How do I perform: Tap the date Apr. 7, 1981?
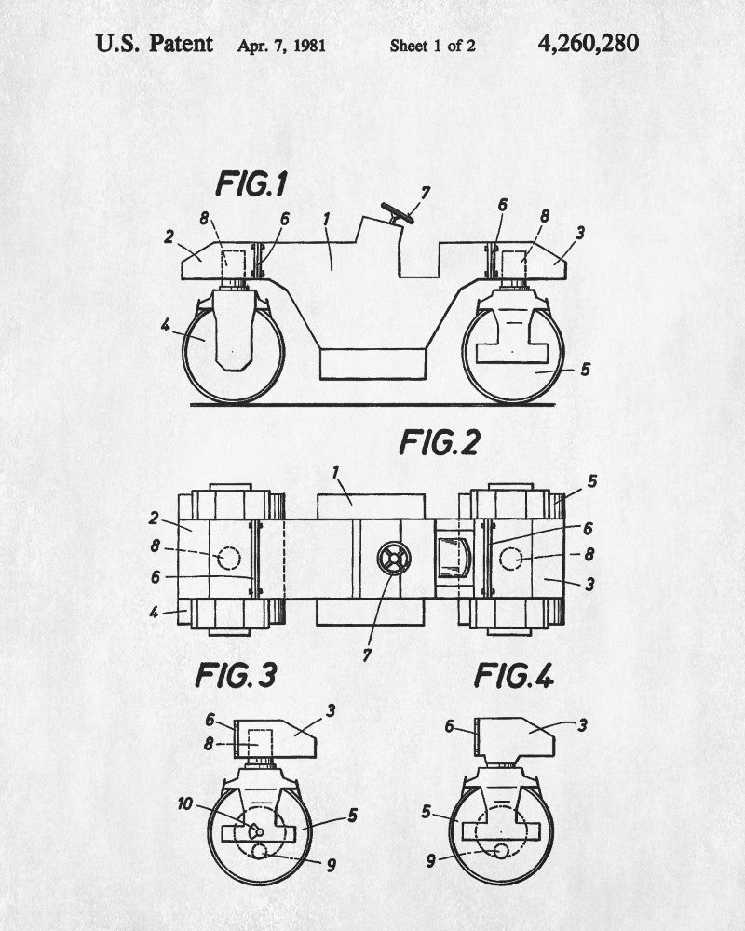coord(280,45)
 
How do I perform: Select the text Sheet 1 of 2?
coord(432,45)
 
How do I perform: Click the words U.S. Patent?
coord(155,43)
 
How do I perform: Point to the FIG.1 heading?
coord(251,183)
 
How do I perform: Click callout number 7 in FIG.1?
coord(425,193)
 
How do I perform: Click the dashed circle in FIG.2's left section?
coord(227,559)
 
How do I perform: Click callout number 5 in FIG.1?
coord(585,370)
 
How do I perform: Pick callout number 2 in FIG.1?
coord(169,236)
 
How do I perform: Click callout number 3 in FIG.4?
coord(582,723)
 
